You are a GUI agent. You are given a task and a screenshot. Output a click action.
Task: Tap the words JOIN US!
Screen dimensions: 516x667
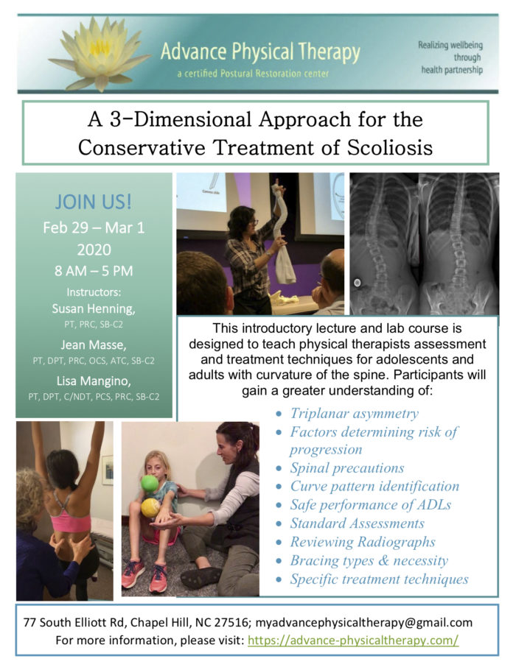94,202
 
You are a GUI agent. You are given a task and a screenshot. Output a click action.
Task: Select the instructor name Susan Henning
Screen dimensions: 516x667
94,308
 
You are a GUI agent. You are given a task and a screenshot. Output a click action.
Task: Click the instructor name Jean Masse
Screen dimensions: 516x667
94,345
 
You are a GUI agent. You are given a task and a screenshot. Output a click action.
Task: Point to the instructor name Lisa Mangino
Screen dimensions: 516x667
94,381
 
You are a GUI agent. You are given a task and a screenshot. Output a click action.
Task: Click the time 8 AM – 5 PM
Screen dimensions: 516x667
94,271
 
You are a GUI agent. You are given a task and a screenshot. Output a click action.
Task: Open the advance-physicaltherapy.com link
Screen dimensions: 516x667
353,640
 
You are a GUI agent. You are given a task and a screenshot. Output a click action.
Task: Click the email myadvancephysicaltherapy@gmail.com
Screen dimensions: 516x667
363,623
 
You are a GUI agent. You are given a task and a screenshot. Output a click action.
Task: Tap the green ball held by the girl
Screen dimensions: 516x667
150,484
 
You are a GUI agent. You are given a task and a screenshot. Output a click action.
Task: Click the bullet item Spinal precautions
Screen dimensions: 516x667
347,468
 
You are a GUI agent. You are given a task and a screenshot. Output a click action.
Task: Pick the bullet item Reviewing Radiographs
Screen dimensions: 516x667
363,542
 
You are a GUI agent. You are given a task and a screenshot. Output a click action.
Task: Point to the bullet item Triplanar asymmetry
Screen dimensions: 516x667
354,414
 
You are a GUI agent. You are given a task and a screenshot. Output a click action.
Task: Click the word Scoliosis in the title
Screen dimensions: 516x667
390,148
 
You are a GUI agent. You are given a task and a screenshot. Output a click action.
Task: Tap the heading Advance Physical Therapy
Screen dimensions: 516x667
260,52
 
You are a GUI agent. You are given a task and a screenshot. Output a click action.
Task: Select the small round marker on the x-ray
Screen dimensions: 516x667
358,282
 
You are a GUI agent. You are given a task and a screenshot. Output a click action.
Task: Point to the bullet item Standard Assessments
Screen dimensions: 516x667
357,523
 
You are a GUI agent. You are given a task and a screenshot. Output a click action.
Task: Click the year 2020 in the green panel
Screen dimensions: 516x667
94,250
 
